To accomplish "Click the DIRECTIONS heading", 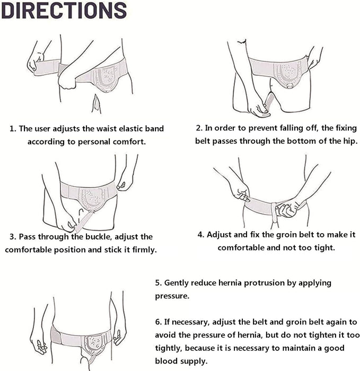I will pos(64,11).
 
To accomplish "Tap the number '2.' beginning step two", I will pos(199,128).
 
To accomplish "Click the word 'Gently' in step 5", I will pos(180,283).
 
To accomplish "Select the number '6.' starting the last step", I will pos(159,322).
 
